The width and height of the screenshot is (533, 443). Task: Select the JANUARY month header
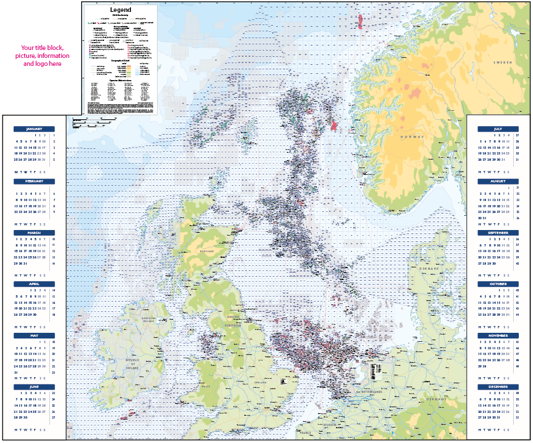coord(34,129)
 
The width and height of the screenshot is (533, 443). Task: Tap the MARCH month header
coord(34,233)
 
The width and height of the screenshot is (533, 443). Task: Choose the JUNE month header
coord(34,387)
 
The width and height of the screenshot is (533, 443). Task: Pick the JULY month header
coord(498,129)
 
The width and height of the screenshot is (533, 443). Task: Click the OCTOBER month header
coord(498,284)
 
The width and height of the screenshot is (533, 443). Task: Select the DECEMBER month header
coord(498,387)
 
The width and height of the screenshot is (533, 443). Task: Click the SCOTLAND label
coord(207,250)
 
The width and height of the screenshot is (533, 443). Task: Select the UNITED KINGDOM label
coord(233,321)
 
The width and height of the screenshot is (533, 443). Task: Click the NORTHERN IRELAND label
coord(148,321)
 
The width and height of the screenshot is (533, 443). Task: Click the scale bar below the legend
coord(94,121)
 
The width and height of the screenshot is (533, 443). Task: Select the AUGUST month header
coord(498,181)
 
